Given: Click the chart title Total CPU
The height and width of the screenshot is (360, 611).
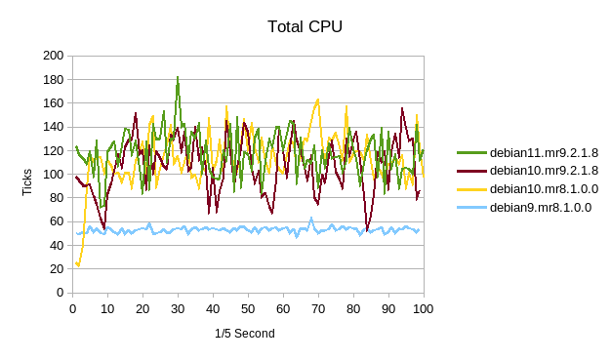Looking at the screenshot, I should (305, 26).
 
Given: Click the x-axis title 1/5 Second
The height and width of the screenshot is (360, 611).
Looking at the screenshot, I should (245, 334).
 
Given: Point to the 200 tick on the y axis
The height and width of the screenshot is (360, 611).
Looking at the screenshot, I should (54, 56).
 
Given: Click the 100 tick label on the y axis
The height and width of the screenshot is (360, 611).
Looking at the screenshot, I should (54, 175).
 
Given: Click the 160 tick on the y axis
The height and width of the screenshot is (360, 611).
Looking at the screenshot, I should (54, 103).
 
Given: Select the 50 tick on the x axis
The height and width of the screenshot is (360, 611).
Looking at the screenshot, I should (248, 309).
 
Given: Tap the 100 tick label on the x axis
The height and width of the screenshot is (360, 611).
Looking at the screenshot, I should (424, 309).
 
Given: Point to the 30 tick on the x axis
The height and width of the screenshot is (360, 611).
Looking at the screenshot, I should (178, 309).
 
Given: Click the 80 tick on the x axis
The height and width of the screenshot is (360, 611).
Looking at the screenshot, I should (353, 309).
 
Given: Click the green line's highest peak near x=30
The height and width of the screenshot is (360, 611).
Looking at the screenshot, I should (178, 76).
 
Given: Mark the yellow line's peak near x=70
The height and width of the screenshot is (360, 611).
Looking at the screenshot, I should (318, 100).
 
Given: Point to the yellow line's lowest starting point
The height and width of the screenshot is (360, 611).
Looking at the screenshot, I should (79, 265).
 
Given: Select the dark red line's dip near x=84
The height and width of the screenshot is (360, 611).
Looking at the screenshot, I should (367, 230).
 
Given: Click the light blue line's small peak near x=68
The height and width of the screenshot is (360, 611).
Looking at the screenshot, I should (311, 219).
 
